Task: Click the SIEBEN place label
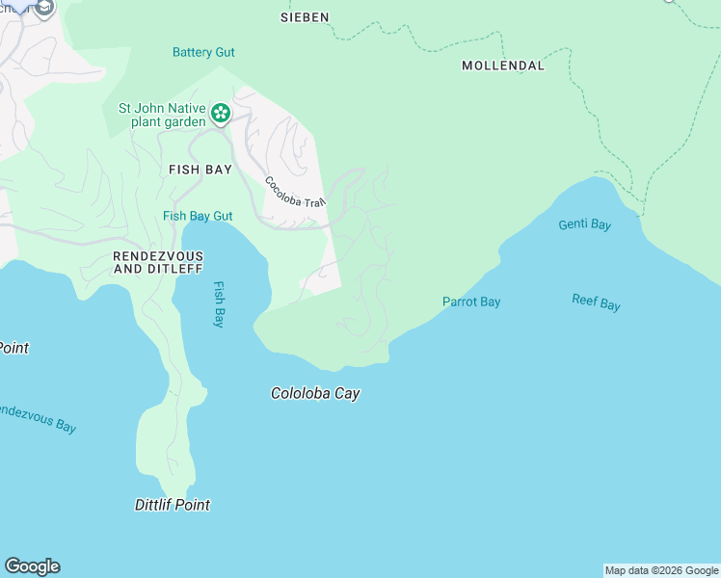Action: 305,17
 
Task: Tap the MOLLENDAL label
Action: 503,66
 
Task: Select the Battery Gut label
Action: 203,52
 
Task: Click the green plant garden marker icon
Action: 221,114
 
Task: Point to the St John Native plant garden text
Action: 162,115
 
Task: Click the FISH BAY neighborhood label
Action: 200,170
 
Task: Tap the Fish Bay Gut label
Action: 198,216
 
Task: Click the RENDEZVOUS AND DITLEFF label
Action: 159,262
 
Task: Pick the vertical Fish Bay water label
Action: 219,304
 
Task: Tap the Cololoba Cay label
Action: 315,393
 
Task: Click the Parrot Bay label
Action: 471,302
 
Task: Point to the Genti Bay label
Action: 584,224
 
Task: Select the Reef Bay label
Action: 596,302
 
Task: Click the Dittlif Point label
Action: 172,504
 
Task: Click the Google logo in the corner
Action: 32,566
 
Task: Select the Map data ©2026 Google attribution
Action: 661,570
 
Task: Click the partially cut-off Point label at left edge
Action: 13,347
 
